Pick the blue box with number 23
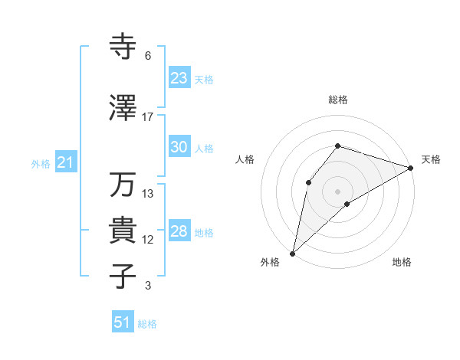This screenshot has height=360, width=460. (x=179, y=77)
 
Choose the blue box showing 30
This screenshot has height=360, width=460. (x=179, y=147)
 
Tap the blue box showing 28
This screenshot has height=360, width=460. (x=179, y=231)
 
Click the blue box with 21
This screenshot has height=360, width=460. (x=65, y=162)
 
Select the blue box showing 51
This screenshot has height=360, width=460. (x=123, y=322)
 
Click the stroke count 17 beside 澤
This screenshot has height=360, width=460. (x=148, y=117)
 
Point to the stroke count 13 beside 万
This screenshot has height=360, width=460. (x=148, y=194)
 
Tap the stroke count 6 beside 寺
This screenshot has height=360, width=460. (x=148, y=56)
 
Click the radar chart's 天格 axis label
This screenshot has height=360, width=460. (x=431, y=159)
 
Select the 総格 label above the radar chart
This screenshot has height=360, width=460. (x=337, y=100)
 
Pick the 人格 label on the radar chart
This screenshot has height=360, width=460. (x=245, y=159)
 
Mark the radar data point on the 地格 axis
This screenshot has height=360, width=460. (x=347, y=204)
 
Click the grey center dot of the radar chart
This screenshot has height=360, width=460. (x=337, y=191)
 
